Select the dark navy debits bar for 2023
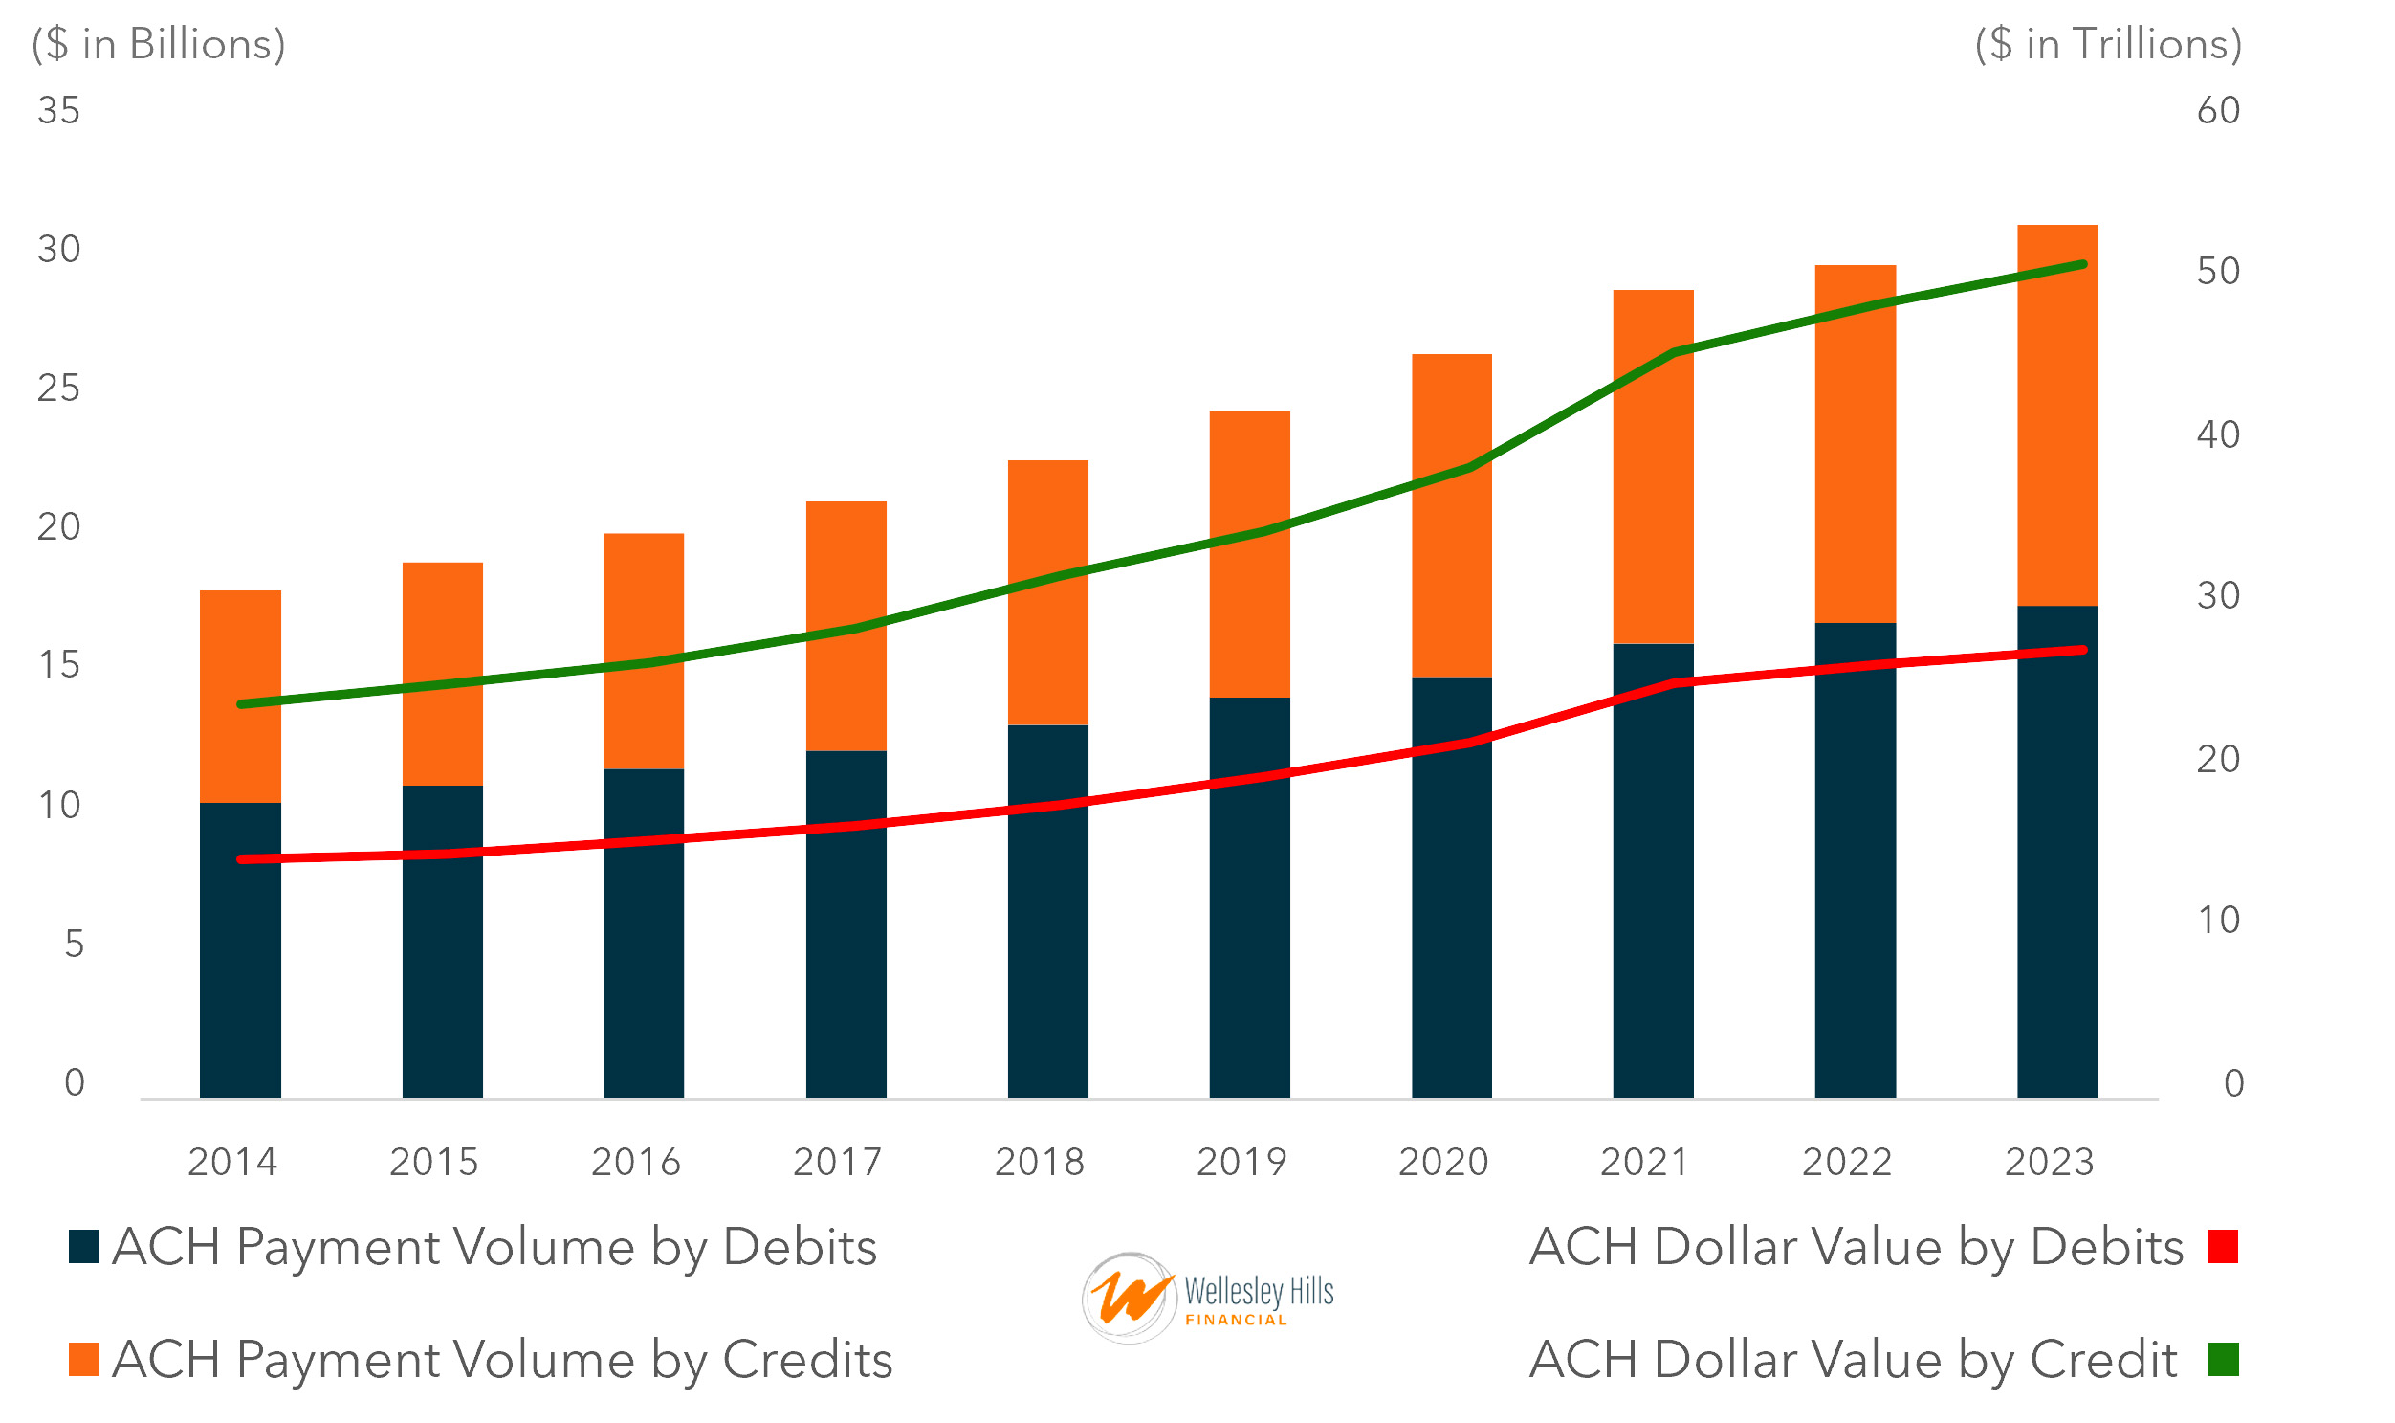(x=2056, y=863)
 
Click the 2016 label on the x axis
(x=635, y=1162)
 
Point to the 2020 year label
(x=1442, y=1162)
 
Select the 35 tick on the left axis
(x=58, y=110)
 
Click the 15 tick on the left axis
(x=58, y=664)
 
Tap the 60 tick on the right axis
(x=2218, y=110)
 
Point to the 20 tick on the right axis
(x=2218, y=760)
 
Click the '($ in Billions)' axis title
(x=158, y=44)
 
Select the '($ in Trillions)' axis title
(x=2107, y=44)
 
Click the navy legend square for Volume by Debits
(x=83, y=1247)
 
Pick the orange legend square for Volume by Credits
(x=83, y=1360)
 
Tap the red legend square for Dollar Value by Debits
(x=2223, y=1247)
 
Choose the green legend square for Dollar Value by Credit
(x=2223, y=1360)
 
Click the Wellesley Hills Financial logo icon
(x=1128, y=1298)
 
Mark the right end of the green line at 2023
(x=2082, y=264)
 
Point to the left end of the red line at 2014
(x=241, y=859)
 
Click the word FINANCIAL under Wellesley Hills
(x=1236, y=1321)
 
